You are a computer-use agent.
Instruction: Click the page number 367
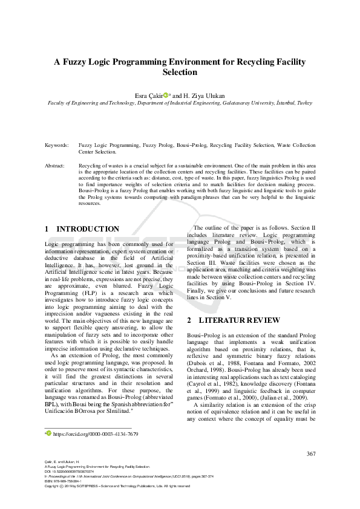pos(311,454)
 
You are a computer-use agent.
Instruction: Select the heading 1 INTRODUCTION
pos(82,229)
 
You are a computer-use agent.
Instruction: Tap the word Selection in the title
pos(180,72)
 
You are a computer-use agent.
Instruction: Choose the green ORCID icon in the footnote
pos(48,434)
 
